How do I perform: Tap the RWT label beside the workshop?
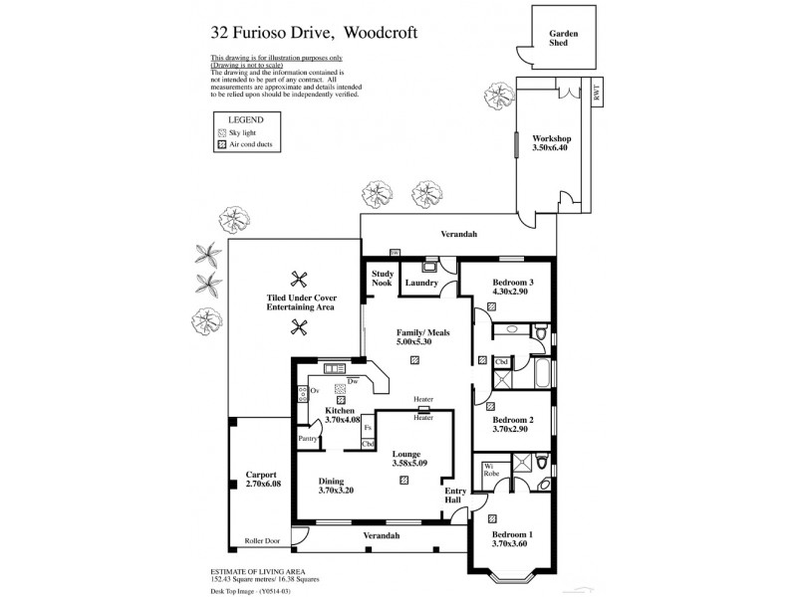click(597, 94)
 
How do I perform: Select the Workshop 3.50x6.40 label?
click(550, 143)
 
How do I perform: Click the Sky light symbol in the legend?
click(221, 131)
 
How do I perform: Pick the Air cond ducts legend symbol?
click(221, 144)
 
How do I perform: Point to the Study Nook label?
click(383, 279)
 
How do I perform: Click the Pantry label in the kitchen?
click(309, 437)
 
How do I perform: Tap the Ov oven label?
click(313, 391)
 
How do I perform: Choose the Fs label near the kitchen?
click(368, 426)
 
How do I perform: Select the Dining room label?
click(337, 484)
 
